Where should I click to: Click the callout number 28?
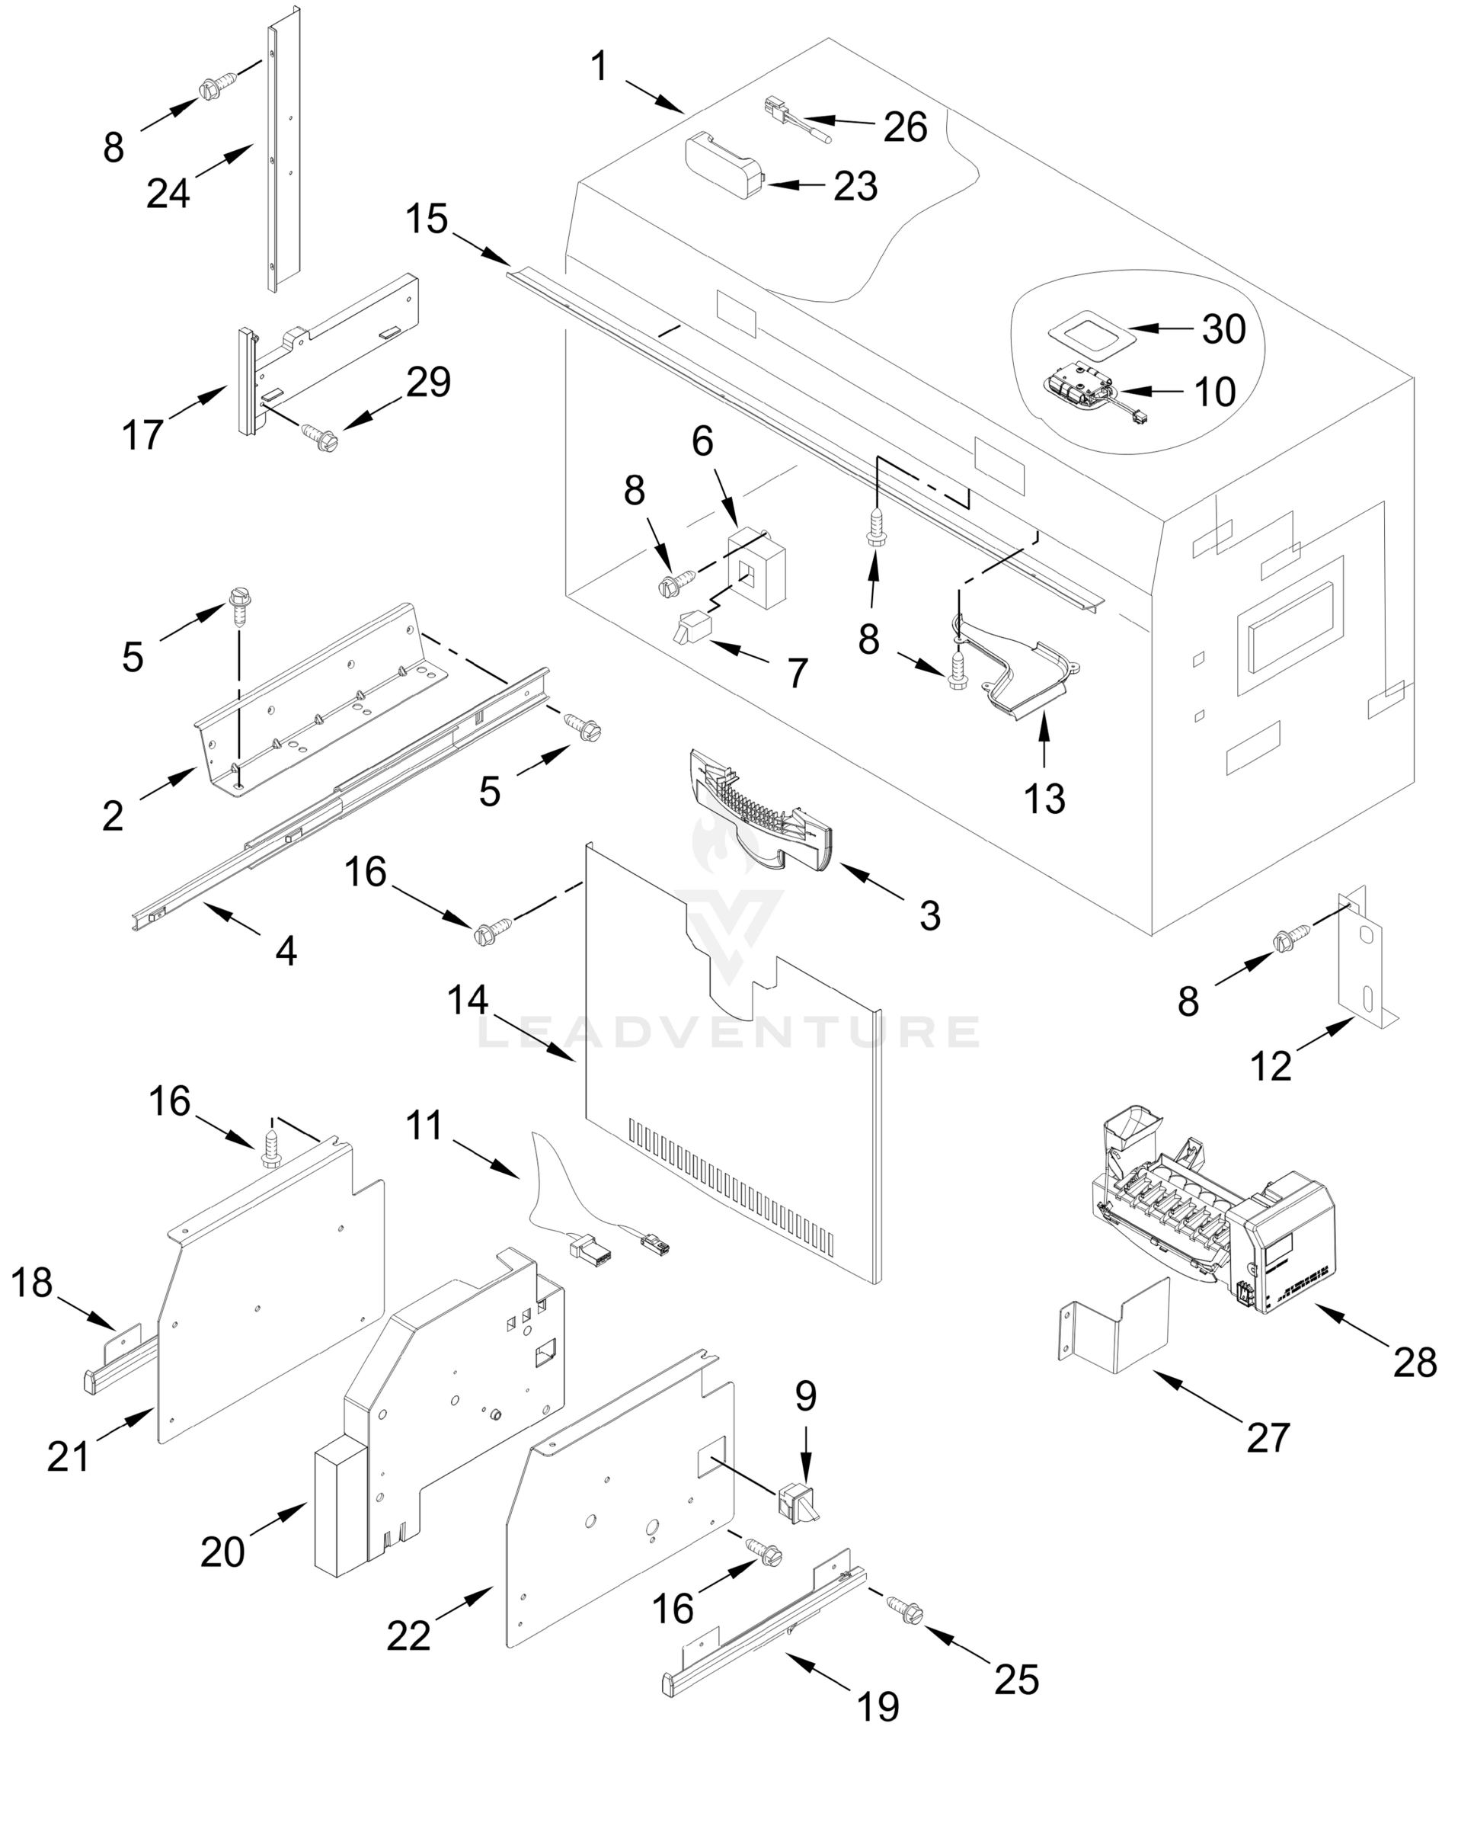(x=1415, y=1363)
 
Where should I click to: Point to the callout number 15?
(x=426, y=219)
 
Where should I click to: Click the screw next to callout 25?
(x=904, y=1610)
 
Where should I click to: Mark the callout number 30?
(x=1223, y=329)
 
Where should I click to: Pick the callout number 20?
(x=222, y=1552)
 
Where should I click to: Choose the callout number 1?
(x=599, y=66)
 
